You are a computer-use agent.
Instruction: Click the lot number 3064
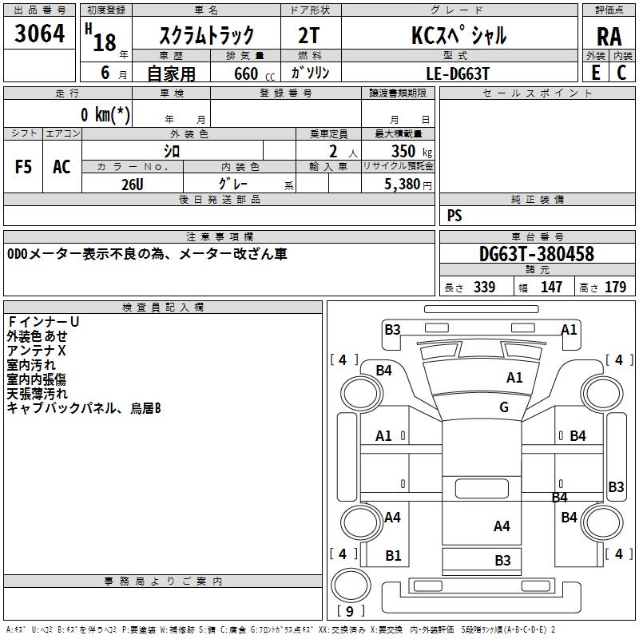39,34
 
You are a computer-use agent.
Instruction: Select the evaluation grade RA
609,37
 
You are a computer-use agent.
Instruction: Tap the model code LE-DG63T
457,73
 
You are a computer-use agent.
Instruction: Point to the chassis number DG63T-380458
536,254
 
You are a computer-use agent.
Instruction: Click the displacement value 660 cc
254,73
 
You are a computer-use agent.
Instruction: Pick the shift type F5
23,167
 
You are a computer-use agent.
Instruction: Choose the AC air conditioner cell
62,167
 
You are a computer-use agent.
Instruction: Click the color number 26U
133,185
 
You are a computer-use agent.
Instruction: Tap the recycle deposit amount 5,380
407,185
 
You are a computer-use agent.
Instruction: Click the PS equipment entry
454,215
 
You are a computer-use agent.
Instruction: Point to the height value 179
615,287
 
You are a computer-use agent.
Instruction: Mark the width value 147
551,287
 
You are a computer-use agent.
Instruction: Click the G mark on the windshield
504,407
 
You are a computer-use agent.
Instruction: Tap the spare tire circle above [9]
351,585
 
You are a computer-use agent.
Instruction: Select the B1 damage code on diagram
393,555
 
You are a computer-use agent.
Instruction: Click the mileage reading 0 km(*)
105,114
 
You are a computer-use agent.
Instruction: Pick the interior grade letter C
621,73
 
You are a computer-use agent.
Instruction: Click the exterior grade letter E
596,73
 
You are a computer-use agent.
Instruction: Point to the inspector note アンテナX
36,351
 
